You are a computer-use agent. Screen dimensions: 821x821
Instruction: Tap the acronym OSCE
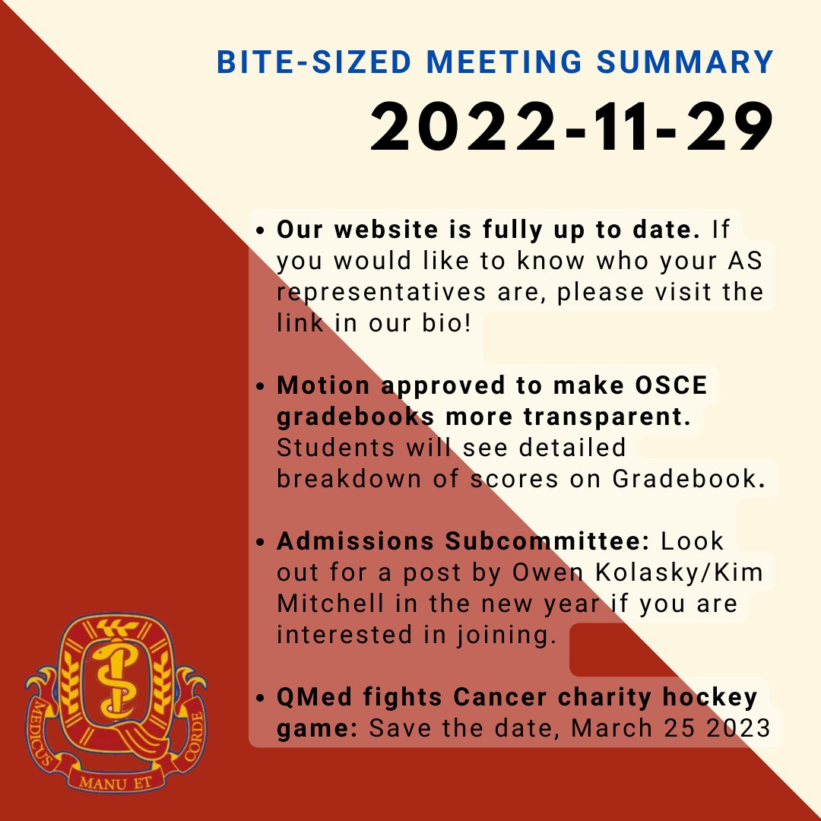[668, 385]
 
